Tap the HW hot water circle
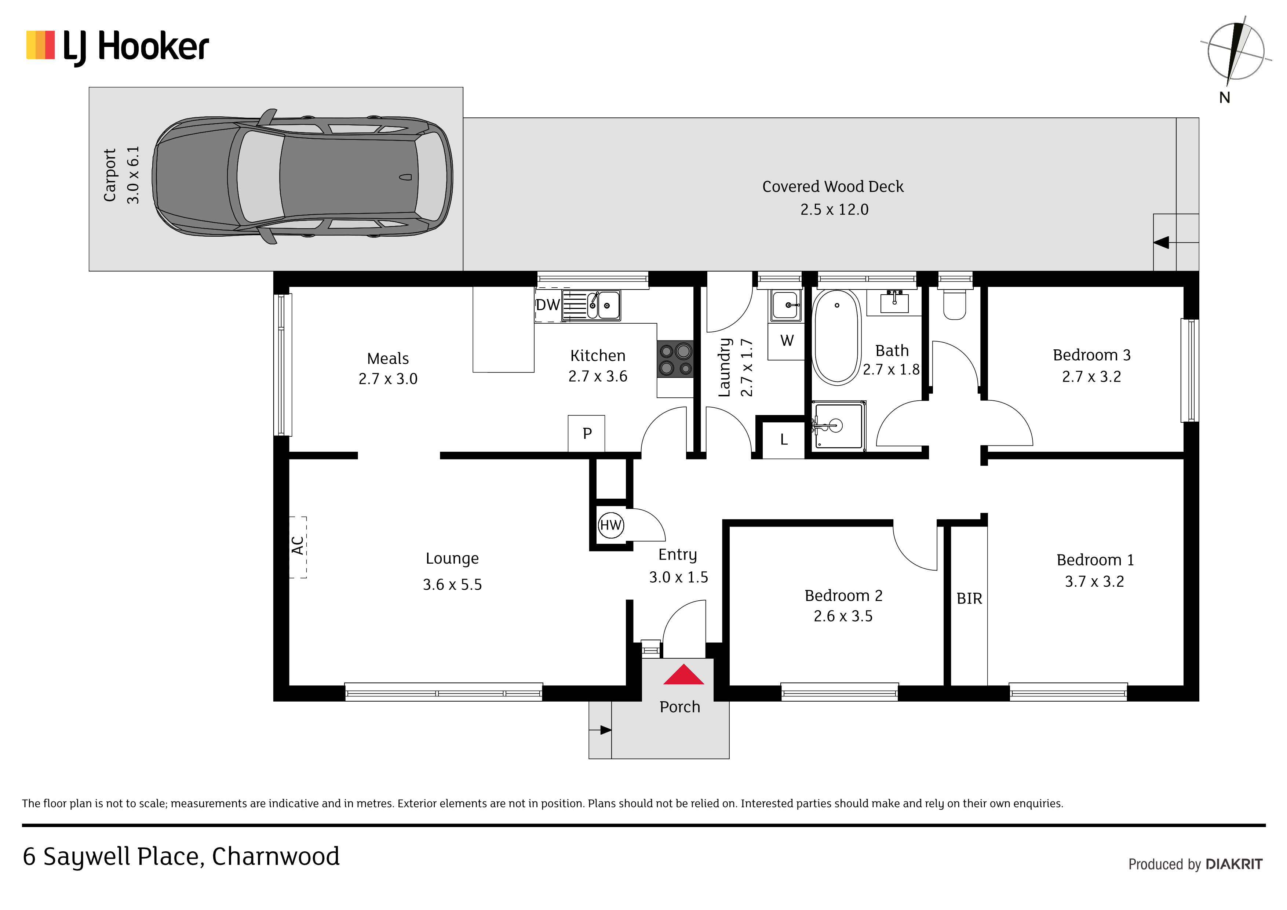610,525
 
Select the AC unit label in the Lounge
298,546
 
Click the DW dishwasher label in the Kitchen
548,305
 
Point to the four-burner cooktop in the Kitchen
675,359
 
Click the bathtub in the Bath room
836,337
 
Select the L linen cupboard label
784,440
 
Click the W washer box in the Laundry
787,341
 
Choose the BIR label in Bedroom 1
969,599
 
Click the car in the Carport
303,176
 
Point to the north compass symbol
1235,52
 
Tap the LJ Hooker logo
118,47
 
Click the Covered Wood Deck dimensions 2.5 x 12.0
834,210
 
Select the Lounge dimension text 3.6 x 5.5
452,585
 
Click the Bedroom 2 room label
843,596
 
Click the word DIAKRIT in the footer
1234,864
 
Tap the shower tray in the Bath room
839,426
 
